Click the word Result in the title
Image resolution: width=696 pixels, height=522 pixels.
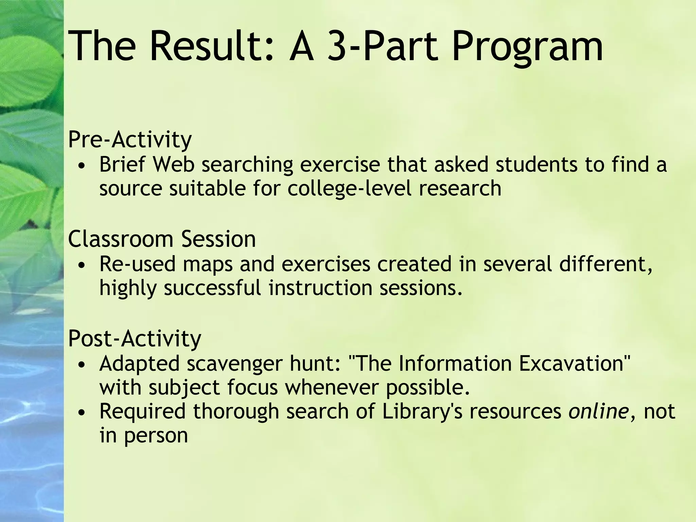(211, 46)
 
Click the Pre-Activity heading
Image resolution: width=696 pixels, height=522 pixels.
(130, 140)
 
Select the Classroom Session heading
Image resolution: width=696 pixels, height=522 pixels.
(162, 239)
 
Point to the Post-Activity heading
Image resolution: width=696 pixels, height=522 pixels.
(135, 338)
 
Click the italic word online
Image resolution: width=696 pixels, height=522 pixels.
(598, 411)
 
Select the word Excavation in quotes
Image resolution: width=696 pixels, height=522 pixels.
(574, 364)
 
